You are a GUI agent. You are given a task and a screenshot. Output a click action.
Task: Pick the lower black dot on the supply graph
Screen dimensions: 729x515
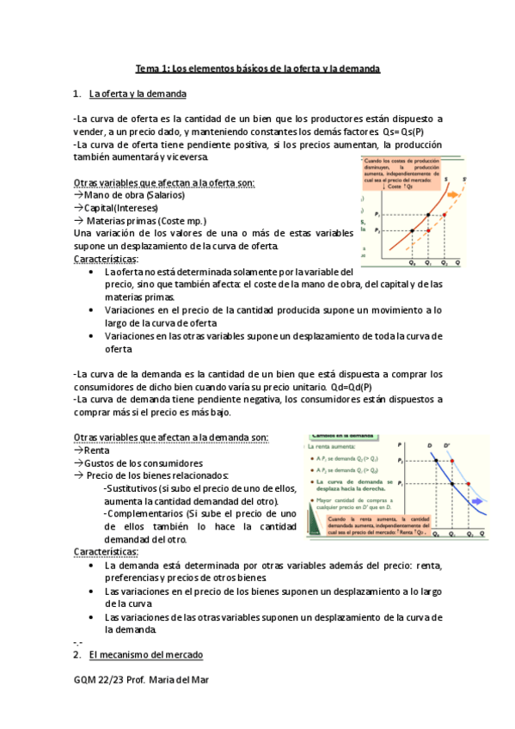[x=413, y=230]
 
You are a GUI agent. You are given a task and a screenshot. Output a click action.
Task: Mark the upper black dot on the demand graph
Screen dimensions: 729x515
[x=437, y=462]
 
